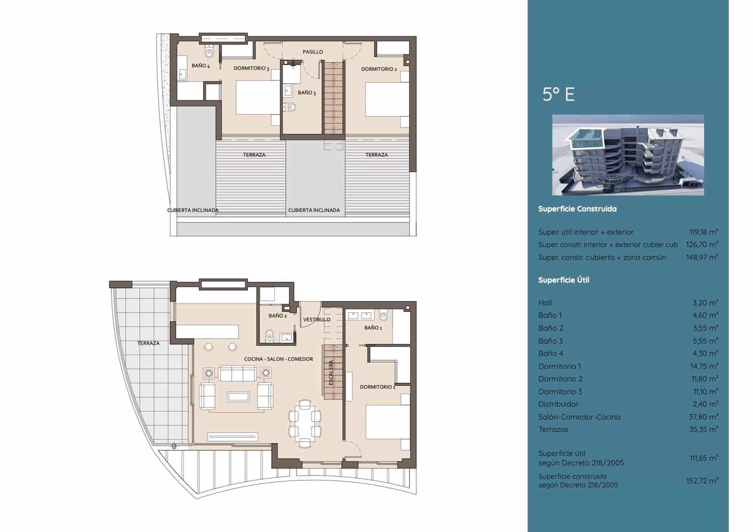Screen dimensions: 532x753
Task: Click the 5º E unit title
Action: click(558, 95)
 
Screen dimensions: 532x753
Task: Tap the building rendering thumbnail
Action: click(628, 155)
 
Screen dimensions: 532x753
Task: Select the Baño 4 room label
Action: click(200, 66)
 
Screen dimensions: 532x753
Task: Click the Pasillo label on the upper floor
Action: click(312, 52)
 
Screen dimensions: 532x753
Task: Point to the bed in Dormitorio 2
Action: click(387, 99)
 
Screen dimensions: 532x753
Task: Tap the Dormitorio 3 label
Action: click(251, 69)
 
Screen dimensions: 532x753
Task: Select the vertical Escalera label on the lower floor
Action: click(331, 373)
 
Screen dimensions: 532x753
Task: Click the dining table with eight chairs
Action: click(305, 423)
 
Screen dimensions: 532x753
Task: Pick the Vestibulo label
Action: click(316, 319)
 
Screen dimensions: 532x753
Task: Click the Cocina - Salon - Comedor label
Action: click(278, 359)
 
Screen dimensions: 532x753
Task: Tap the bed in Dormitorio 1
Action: click(387, 422)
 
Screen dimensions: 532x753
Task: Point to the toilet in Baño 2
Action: click(270, 335)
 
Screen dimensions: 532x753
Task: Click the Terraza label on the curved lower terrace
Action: click(148, 343)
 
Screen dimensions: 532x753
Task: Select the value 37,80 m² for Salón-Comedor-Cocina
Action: click(703, 417)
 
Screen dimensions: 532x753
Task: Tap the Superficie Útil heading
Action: click(563, 280)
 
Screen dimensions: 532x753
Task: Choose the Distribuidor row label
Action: click(558, 404)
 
